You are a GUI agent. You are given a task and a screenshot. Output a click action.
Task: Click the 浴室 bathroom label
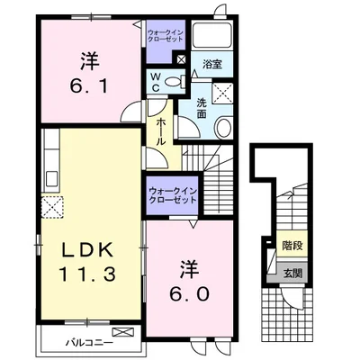(212, 64)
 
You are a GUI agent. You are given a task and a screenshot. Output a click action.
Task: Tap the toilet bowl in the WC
(173, 81)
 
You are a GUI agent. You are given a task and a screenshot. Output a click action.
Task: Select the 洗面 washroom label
(202, 108)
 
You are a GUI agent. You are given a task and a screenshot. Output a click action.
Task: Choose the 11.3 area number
(87, 274)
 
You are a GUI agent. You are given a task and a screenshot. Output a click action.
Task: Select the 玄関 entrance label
(292, 273)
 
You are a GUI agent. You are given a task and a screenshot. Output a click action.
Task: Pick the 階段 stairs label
(292, 247)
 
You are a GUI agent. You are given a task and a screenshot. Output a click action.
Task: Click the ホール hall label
(161, 131)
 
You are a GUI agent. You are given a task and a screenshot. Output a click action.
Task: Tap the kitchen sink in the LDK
(52, 179)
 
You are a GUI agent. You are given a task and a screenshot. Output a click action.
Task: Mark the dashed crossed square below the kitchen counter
(52, 207)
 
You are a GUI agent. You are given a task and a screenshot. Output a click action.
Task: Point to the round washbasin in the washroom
(223, 128)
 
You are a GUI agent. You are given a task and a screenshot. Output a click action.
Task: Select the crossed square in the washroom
(222, 93)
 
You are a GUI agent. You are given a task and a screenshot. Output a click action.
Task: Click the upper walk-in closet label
(166, 35)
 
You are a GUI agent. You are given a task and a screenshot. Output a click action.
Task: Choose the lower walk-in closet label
(173, 195)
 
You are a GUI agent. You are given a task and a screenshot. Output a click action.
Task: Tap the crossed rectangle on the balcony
(123, 332)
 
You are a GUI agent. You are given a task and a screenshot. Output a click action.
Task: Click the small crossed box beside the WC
(182, 58)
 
